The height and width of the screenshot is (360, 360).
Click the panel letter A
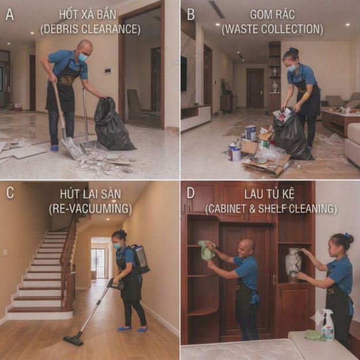coord(9,14)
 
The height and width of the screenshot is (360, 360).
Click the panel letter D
coord(190,193)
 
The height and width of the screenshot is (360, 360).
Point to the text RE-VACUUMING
coord(91,208)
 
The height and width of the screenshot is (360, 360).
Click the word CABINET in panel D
coord(227,208)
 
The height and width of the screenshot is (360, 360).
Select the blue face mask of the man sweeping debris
coord(82,57)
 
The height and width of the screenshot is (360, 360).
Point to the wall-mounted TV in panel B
coord(183,73)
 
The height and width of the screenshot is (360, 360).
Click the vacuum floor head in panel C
coord(73,341)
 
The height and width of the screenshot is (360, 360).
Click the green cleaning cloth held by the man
coord(207,251)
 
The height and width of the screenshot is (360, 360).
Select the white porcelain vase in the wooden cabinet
coord(293,265)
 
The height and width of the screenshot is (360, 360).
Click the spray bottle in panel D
coord(327,325)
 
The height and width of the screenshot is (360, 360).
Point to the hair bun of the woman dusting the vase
coord(348,238)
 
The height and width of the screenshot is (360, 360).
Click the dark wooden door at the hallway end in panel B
coord(254,88)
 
